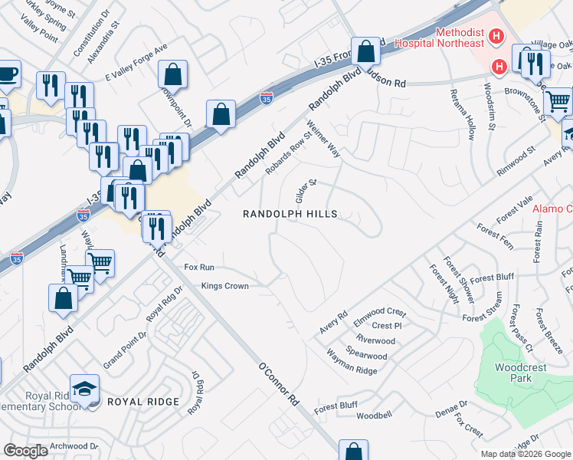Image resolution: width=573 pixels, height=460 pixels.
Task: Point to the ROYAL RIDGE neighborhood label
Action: (142, 402)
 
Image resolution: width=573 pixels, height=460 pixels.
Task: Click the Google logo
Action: (25, 450)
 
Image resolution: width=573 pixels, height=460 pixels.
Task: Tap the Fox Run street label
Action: (199, 267)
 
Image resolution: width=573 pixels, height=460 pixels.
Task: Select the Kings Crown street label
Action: (225, 286)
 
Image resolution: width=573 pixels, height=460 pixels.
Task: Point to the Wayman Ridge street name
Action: (352, 362)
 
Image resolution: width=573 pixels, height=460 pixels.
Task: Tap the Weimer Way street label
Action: (323, 139)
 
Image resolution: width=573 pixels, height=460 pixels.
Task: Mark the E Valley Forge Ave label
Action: (136, 62)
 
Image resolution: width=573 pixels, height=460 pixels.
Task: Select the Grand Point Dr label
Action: (125, 349)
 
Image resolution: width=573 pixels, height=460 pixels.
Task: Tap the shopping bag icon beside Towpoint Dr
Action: (173, 75)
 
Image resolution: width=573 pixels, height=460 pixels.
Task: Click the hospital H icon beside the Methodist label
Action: (496, 35)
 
